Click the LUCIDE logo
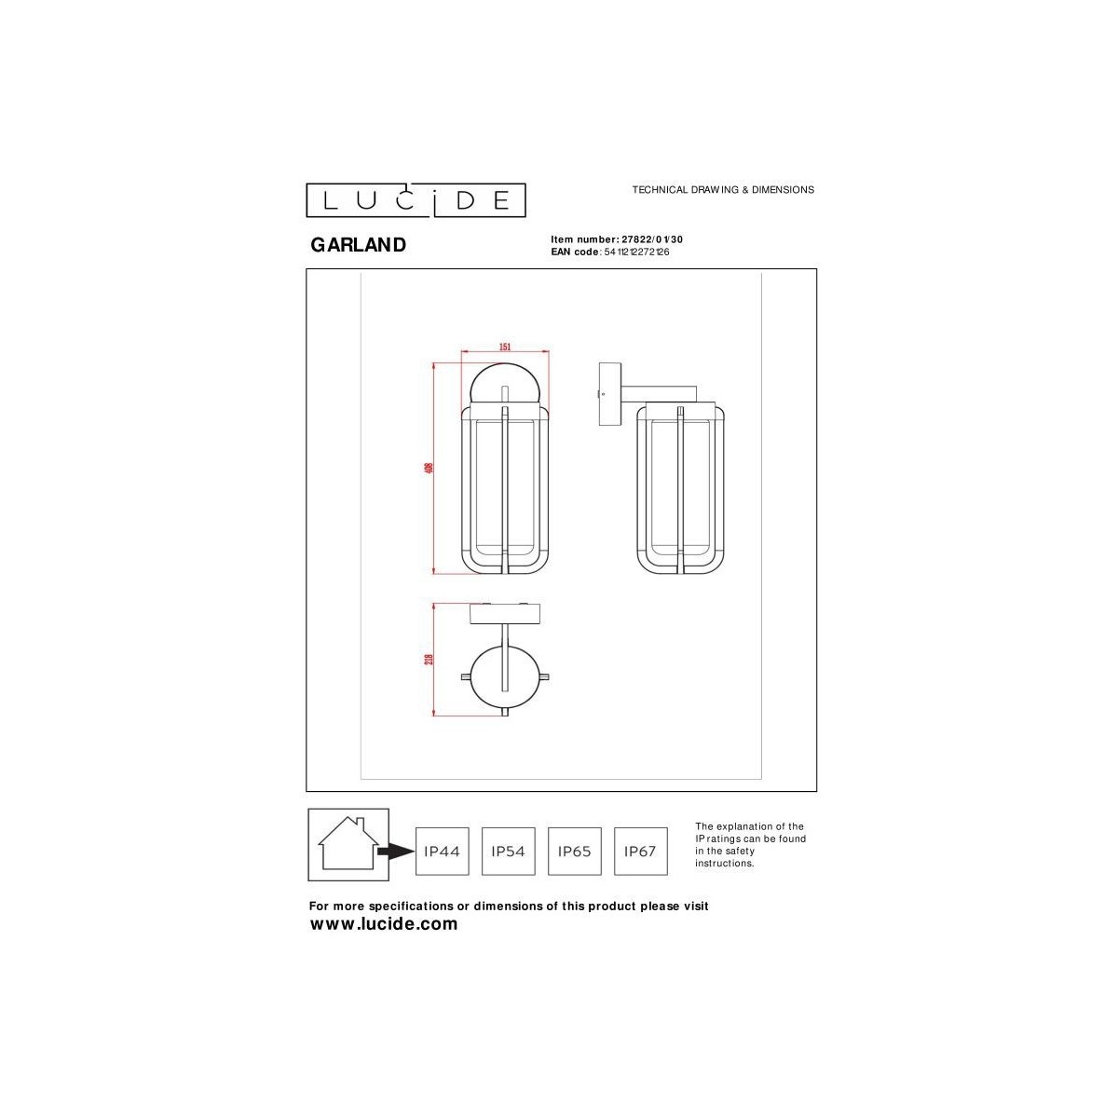coord(416,200)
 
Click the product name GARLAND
coord(358,245)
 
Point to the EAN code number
coord(637,252)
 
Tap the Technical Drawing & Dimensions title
coord(723,189)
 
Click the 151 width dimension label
coord(505,347)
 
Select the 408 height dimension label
coord(429,467)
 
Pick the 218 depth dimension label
coord(429,659)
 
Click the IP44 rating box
coord(442,851)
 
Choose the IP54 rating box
coord(508,851)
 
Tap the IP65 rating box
coord(574,851)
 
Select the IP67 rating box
coord(641,851)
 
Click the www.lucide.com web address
coord(384,924)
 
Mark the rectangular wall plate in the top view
coord(505,614)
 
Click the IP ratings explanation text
coord(750,845)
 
